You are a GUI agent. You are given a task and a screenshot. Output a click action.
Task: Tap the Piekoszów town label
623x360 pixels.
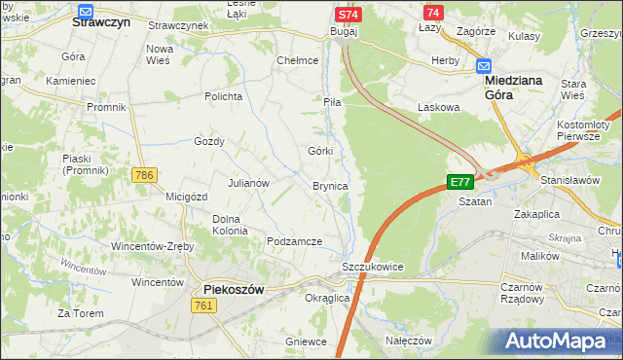(234, 289)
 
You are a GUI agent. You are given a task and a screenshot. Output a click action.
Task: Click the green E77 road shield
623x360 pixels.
(459, 182)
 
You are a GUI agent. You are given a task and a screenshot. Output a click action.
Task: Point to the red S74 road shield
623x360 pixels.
(348, 15)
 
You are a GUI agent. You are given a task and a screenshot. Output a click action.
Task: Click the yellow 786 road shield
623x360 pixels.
(144, 175)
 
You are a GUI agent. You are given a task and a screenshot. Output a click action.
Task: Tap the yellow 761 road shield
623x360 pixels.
(203, 306)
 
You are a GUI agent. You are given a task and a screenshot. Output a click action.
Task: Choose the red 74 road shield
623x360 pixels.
(433, 13)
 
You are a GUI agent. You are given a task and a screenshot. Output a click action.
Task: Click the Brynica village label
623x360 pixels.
(330, 186)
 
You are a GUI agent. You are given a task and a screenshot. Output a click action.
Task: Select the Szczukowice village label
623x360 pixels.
(372, 267)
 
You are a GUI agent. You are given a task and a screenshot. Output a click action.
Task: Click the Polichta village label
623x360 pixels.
(222, 96)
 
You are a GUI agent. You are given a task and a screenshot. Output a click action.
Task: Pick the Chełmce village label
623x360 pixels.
(298, 60)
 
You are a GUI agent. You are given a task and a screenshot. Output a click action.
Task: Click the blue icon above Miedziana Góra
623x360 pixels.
(484, 66)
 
